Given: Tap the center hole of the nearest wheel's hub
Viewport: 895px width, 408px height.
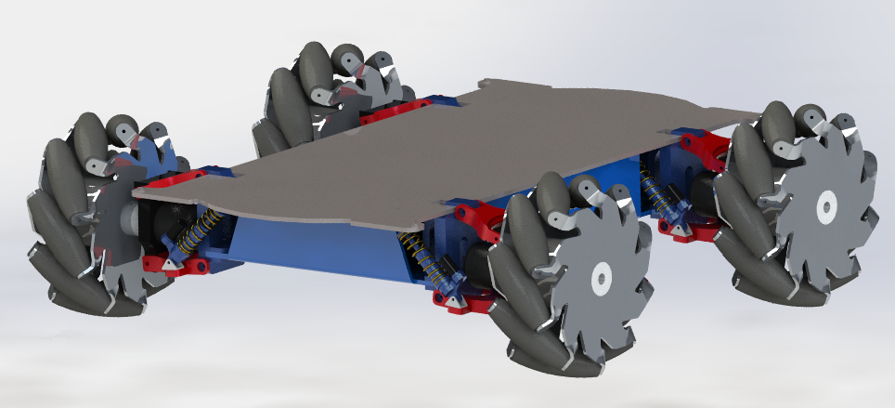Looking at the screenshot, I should tap(600, 275).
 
